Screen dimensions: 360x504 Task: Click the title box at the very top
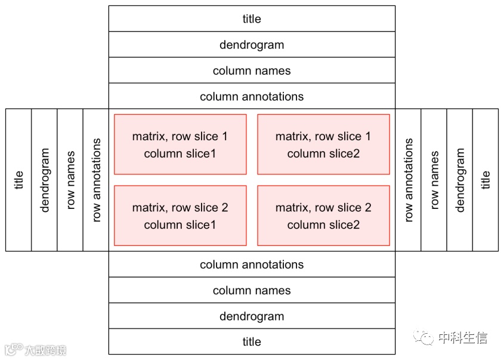click(x=252, y=19)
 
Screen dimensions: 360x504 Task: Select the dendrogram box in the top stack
click(x=252, y=45)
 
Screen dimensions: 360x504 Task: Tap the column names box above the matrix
click(x=252, y=70)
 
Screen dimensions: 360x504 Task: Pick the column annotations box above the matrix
click(x=252, y=96)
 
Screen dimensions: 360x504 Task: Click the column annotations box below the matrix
click(x=252, y=264)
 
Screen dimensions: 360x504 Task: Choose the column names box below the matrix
click(x=252, y=290)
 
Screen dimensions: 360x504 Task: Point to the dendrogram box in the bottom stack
click(x=252, y=316)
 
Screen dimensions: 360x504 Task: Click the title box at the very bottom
click(x=252, y=341)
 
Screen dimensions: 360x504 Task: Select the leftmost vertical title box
click(x=18, y=180)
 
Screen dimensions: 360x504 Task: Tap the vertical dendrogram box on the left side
click(x=44, y=180)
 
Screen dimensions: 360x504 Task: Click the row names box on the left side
click(x=70, y=180)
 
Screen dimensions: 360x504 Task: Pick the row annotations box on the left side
click(x=96, y=180)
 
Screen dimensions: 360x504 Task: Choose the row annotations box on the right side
click(x=408, y=180)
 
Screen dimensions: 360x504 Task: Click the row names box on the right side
click(x=434, y=180)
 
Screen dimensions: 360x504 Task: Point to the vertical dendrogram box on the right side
click(x=460, y=180)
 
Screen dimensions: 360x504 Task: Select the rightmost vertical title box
click(x=486, y=180)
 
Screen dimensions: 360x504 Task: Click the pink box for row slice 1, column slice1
click(x=180, y=144)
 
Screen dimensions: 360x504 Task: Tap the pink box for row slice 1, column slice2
click(x=323, y=144)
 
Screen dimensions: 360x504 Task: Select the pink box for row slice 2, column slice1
click(x=180, y=216)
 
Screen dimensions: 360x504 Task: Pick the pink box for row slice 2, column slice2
click(x=323, y=216)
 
